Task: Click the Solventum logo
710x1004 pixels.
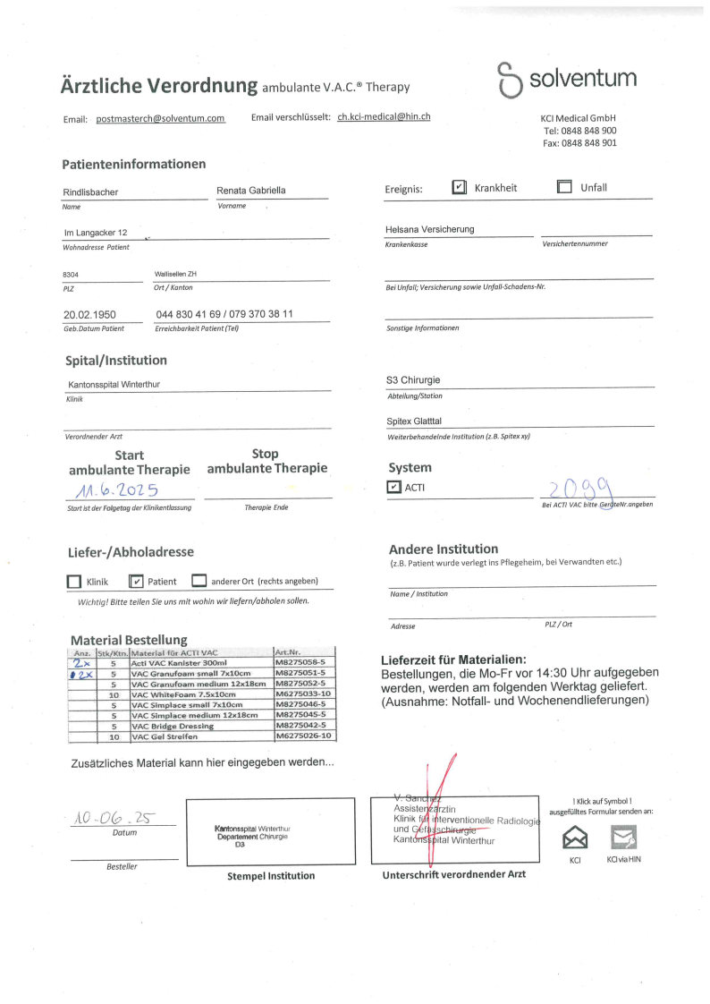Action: (x=568, y=79)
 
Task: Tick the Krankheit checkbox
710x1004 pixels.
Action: (x=459, y=188)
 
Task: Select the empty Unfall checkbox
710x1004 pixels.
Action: (x=564, y=188)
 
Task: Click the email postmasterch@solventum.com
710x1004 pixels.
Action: (x=160, y=118)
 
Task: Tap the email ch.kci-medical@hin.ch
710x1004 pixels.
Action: (x=384, y=116)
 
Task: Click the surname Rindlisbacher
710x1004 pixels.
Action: (x=90, y=192)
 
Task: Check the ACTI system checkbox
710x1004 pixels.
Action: (x=394, y=487)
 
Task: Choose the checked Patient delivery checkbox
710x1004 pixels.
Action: (x=137, y=582)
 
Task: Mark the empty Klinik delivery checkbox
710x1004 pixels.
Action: (x=74, y=582)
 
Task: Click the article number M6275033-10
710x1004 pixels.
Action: (x=304, y=693)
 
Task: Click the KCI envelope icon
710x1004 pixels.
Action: (x=575, y=838)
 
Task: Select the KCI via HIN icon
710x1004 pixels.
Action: (x=623, y=838)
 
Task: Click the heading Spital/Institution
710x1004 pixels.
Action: (x=116, y=361)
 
